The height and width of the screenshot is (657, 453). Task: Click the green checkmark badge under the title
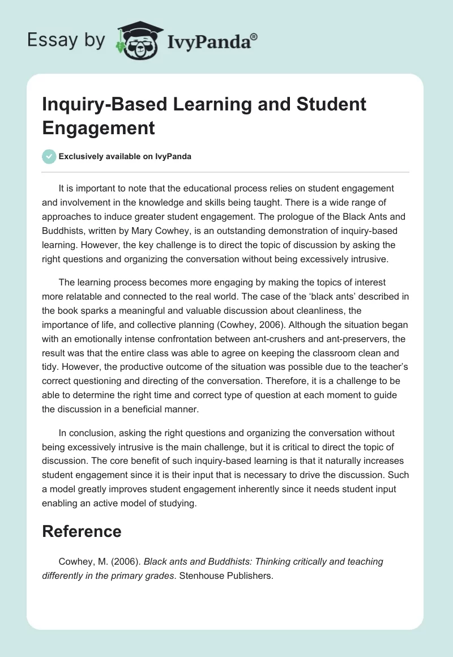[x=49, y=157]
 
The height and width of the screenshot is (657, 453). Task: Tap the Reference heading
[x=82, y=531]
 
